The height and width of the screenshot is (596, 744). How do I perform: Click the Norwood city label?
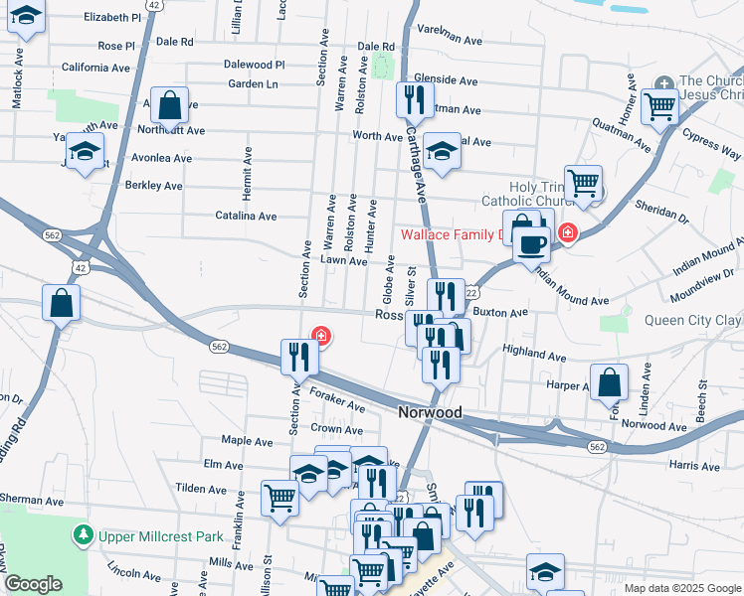point(430,411)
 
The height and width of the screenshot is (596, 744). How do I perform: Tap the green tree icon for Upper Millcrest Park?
point(85,536)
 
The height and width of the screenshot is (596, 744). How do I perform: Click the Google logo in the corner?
point(33,584)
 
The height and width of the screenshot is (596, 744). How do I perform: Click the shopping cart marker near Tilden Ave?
point(279,498)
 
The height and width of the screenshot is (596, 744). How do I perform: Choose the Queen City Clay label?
point(693,320)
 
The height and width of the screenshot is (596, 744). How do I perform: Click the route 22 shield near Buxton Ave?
point(471,292)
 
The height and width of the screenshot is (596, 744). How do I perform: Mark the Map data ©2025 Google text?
point(681,588)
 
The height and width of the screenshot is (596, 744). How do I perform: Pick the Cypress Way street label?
point(718,151)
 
